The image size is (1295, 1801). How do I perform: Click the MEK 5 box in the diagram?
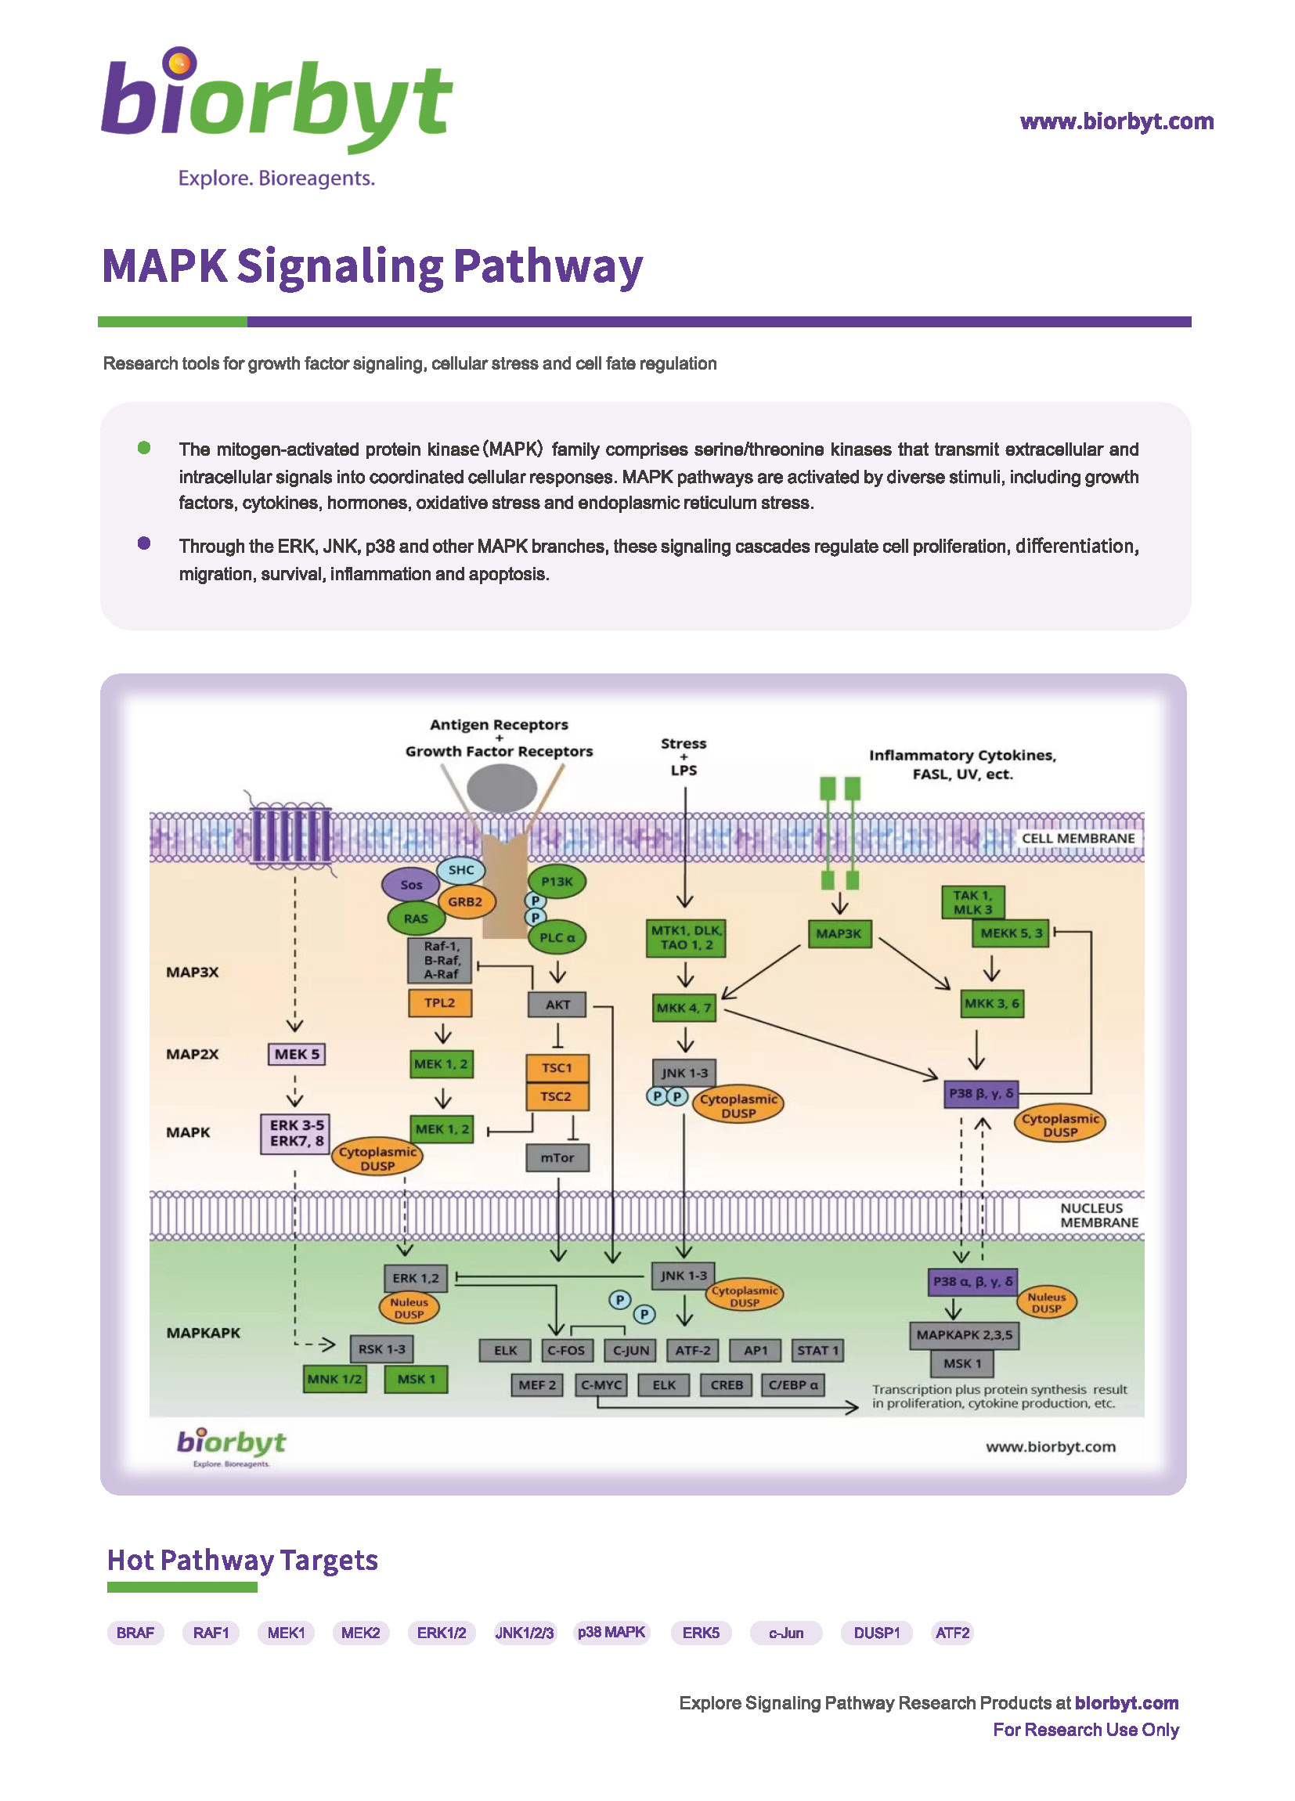pyautogui.click(x=296, y=1054)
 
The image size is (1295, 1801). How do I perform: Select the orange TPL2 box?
pyautogui.click(x=440, y=1003)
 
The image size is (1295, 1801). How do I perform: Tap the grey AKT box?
pyautogui.click(x=557, y=1005)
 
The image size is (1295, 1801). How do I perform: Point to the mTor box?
pyautogui.click(x=557, y=1158)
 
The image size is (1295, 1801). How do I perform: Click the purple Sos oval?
pyautogui.click(x=410, y=885)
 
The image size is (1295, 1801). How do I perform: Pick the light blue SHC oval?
pyautogui.click(x=461, y=870)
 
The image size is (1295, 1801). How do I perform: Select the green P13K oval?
pyautogui.click(x=557, y=882)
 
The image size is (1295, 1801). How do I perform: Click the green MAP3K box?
pyautogui.click(x=839, y=934)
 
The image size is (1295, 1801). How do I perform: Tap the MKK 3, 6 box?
pyautogui.click(x=992, y=1004)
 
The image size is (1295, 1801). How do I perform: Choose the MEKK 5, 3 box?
pyautogui.click(x=1011, y=933)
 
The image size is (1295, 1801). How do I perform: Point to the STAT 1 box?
pyautogui.click(x=817, y=1350)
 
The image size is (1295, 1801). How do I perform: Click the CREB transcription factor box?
pyautogui.click(x=727, y=1385)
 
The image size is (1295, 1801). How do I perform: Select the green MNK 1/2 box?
pyautogui.click(x=334, y=1380)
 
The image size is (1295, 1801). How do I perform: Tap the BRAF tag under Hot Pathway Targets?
pyautogui.click(x=135, y=1633)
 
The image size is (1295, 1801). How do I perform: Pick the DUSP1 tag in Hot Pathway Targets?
pyautogui.click(x=877, y=1633)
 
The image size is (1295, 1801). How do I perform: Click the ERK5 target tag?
pyautogui.click(x=700, y=1633)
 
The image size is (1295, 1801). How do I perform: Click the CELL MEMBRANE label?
pyautogui.click(x=1077, y=839)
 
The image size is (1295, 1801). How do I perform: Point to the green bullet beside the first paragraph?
pyautogui.click(x=144, y=448)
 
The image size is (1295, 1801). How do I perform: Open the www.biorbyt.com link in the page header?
pyautogui.click(x=1116, y=121)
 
